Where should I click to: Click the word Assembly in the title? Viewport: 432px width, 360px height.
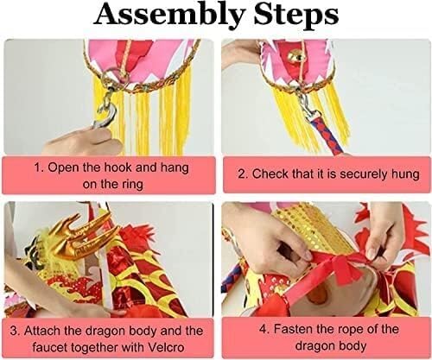coord(169,15)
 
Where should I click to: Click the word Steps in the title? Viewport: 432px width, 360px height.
coord(295,15)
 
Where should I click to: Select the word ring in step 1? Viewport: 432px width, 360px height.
coord(133,185)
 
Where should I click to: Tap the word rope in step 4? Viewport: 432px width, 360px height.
coord(352,330)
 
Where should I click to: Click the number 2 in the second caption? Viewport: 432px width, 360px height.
coord(241,174)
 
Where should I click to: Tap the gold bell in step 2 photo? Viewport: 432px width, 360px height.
coord(295,56)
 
